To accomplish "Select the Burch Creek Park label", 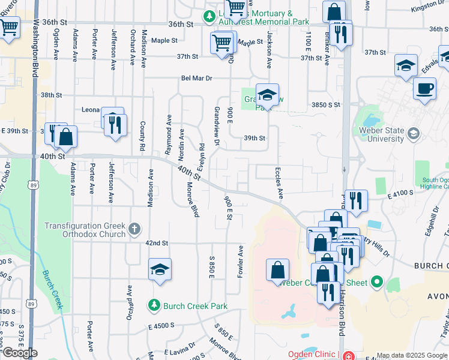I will (194, 306).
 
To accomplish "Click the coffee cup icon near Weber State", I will (424, 89).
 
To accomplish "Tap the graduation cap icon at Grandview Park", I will (267, 94).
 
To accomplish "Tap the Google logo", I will (19, 353).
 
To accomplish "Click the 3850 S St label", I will (326, 104).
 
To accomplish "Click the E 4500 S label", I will (161, 325).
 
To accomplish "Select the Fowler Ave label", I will (241, 260).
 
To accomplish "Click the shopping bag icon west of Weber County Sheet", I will (277, 270).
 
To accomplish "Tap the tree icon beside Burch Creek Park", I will (154, 306).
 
